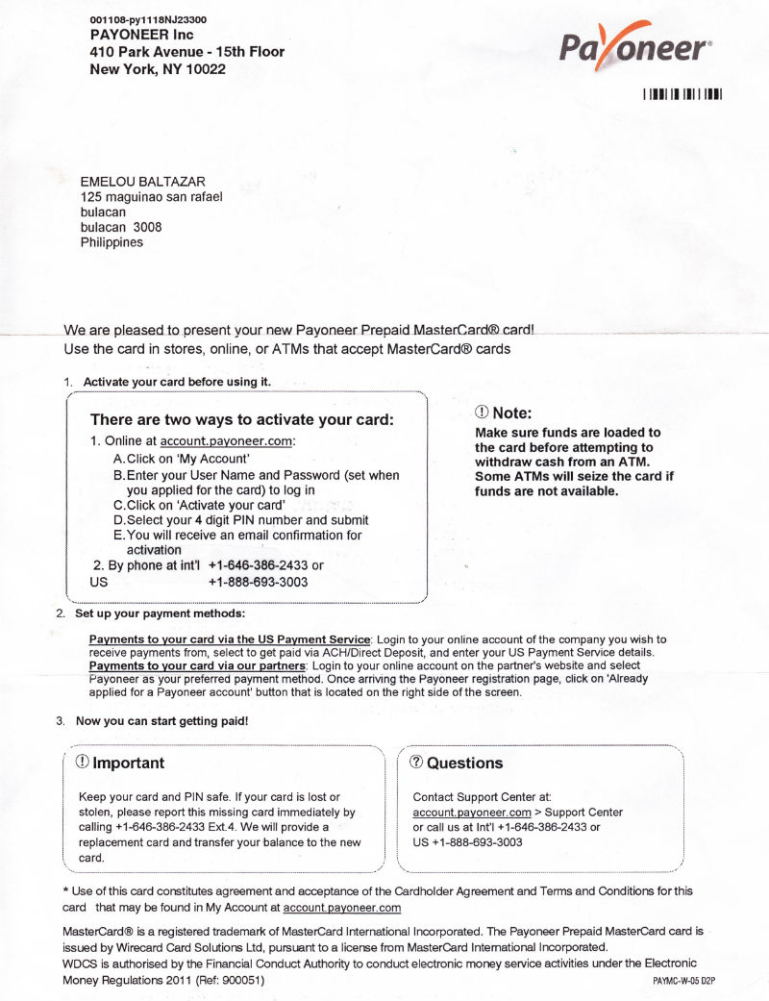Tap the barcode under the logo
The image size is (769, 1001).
(682, 94)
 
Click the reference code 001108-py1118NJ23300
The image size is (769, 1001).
(147, 19)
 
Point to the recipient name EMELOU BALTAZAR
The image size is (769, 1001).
(142, 181)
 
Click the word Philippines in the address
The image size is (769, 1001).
(112, 242)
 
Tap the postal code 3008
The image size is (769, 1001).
(147, 227)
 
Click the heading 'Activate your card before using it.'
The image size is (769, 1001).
(177, 382)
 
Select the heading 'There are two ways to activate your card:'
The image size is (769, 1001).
(242, 419)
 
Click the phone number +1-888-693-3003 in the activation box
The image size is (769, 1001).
(258, 582)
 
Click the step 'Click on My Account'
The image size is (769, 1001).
(182, 459)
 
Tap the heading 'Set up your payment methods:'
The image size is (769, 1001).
(160, 613)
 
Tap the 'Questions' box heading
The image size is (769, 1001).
(464, 763)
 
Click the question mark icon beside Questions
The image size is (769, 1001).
(416, 762)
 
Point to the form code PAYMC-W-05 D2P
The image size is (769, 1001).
(683, 981)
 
